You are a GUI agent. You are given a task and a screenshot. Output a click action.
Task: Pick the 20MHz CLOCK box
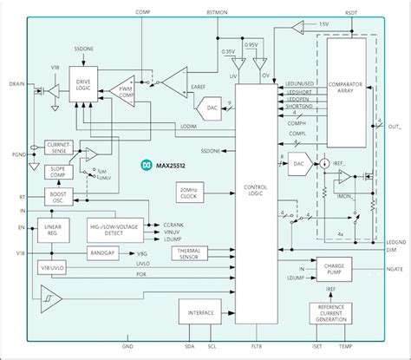pyautogui.click(x=191, y=193)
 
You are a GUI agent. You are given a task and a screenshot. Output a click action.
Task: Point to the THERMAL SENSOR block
pyautogui.click(x=190, y=252)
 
